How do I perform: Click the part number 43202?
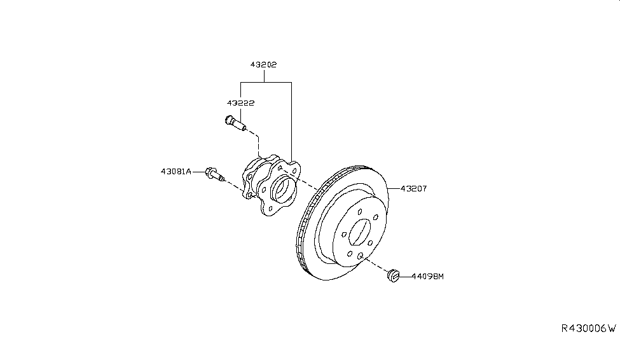click(263, 64)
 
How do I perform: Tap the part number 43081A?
click(176, 171)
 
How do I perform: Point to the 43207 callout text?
click(415, 188)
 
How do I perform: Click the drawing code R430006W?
click(588, 328)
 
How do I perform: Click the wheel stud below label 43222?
click(235, 122)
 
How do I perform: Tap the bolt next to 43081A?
click(214, 174)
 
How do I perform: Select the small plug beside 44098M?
click(393, 275)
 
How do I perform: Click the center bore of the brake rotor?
click(360, 233)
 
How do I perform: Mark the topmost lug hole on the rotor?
click(359, 213)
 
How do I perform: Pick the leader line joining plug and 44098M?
click(405, 276)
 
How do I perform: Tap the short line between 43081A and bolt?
click(198, 171)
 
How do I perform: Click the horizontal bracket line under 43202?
click(265, 82)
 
